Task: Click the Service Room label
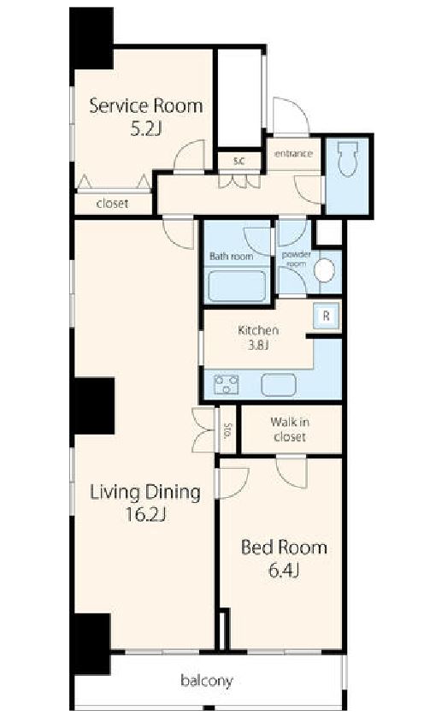(145, 106)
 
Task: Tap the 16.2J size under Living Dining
(145, 514)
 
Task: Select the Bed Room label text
(284, 547)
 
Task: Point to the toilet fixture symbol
(349, 159)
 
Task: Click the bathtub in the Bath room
(237, 286)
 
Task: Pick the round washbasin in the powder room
(324, 269)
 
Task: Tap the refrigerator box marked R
(326, 316)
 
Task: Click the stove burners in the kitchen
(226, 384)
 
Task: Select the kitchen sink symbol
(279, 385)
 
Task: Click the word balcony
(207, 681)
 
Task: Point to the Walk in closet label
(290, 429)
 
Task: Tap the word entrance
(293, 154)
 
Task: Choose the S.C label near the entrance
(238, 162)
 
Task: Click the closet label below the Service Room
(113, 204)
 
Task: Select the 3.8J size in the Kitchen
(259, 346)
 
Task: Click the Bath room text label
(232, 257)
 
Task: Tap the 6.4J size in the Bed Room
(284, 571)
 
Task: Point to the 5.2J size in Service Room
(145, 128)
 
